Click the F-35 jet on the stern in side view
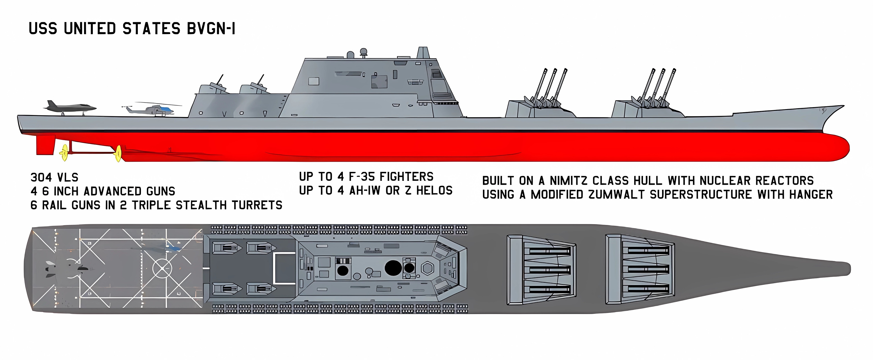[69, 107]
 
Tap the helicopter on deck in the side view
[152, 110]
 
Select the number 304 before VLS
[41, 178]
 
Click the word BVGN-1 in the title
[210, 29]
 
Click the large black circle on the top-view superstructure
[393, 268]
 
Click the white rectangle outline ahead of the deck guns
[284, 268]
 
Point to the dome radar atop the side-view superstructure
[364, 52]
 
